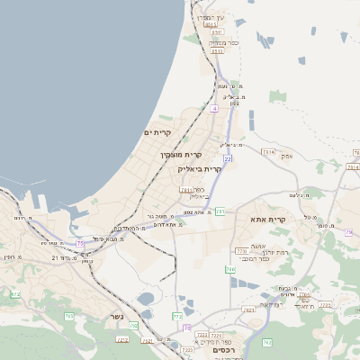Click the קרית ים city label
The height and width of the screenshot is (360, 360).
(x=158, y=133)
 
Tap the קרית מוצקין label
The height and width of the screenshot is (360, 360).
(x=180, y=154)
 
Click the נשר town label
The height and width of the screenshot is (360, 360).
(x=116, y=316)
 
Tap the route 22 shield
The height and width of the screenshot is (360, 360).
(x=228, y=158)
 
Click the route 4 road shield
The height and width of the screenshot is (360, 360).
(x=215, y=108)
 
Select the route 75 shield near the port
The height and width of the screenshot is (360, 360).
(x=80, y=243)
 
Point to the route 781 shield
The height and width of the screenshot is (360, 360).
(x=220, y=211)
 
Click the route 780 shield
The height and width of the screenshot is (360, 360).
(x=230, y=269)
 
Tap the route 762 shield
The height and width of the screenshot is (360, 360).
(x=266, y=342)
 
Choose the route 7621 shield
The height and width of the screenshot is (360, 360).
(x=248, y=310)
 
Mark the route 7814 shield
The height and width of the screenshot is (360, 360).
(x=267, y=153)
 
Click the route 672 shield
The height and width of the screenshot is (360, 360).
(x=15, y=293)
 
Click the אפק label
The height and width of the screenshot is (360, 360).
(x=287, y=155)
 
